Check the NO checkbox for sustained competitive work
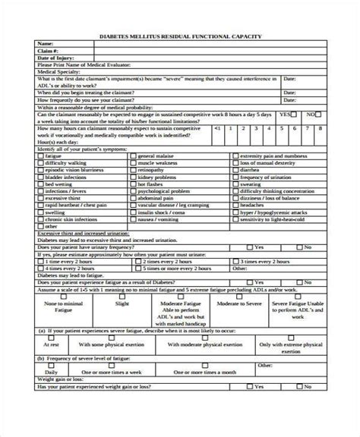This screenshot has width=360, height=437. pyautogui.click(x=317, y=113)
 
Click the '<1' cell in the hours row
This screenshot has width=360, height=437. pyautogui.click(x=217, y=129)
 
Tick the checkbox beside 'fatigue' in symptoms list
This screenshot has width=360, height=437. pyautogui.click(x=39, y=155)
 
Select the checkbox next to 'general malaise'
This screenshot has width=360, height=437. pyautogui.click(x=134, y=155)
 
